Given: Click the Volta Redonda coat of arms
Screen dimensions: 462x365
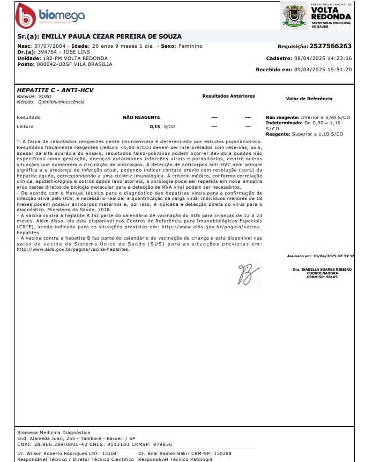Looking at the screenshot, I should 294,16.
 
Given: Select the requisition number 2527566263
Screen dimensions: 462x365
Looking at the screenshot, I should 330,47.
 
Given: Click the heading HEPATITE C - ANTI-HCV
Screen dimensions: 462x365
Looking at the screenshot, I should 55,90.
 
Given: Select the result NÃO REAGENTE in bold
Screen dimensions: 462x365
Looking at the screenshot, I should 141,117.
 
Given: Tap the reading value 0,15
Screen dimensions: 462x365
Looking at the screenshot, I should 155,126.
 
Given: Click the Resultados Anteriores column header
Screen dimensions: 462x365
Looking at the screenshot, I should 228,96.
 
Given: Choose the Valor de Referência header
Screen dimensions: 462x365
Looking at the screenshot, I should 309,99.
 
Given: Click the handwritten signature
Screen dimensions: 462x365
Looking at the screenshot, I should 248,273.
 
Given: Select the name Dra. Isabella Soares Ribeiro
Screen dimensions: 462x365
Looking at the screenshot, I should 322,269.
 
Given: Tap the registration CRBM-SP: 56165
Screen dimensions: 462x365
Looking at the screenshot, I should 322,277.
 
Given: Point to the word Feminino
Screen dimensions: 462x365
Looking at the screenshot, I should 190,46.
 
